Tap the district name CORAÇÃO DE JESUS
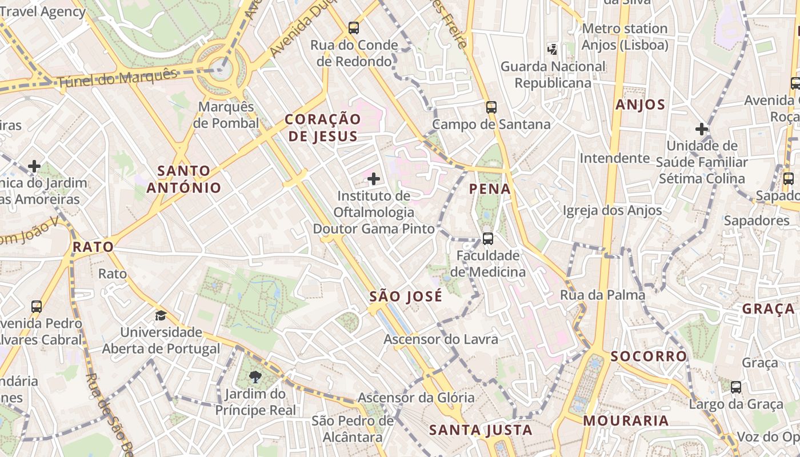323,127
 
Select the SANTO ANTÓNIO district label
183,179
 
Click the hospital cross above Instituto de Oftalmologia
374,179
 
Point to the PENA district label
490,189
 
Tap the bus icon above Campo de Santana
491,107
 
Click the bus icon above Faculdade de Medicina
487,239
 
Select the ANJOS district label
641,105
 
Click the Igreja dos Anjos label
612,210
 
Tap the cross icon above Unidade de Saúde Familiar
702,129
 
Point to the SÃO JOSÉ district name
406,296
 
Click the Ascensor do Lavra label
441,339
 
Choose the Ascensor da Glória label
416,397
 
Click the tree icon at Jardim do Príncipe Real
255,377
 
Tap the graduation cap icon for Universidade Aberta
161,315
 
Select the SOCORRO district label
649,356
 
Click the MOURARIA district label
626,421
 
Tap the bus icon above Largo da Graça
736,387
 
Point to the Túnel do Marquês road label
118,78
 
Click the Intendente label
614,158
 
